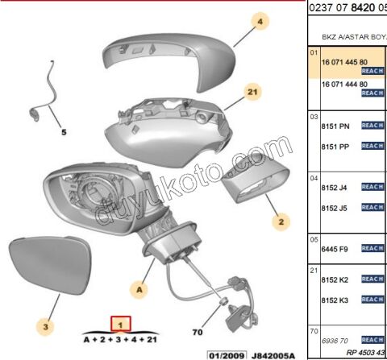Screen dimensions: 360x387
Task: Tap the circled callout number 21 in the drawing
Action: (252, 93)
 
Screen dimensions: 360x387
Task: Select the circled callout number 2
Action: (281, 219)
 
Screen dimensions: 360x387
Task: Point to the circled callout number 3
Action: (46, 326)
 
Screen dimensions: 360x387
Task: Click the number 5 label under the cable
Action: (65, 131)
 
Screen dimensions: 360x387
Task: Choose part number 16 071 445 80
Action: (344, 61)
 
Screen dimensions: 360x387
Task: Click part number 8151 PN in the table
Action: (335, 126)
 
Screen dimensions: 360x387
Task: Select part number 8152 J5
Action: (335, 207)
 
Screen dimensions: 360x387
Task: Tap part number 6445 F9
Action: (335, 250)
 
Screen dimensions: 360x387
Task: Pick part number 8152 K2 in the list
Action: (335, 279)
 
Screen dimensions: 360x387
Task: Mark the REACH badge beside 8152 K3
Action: (372, 300)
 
